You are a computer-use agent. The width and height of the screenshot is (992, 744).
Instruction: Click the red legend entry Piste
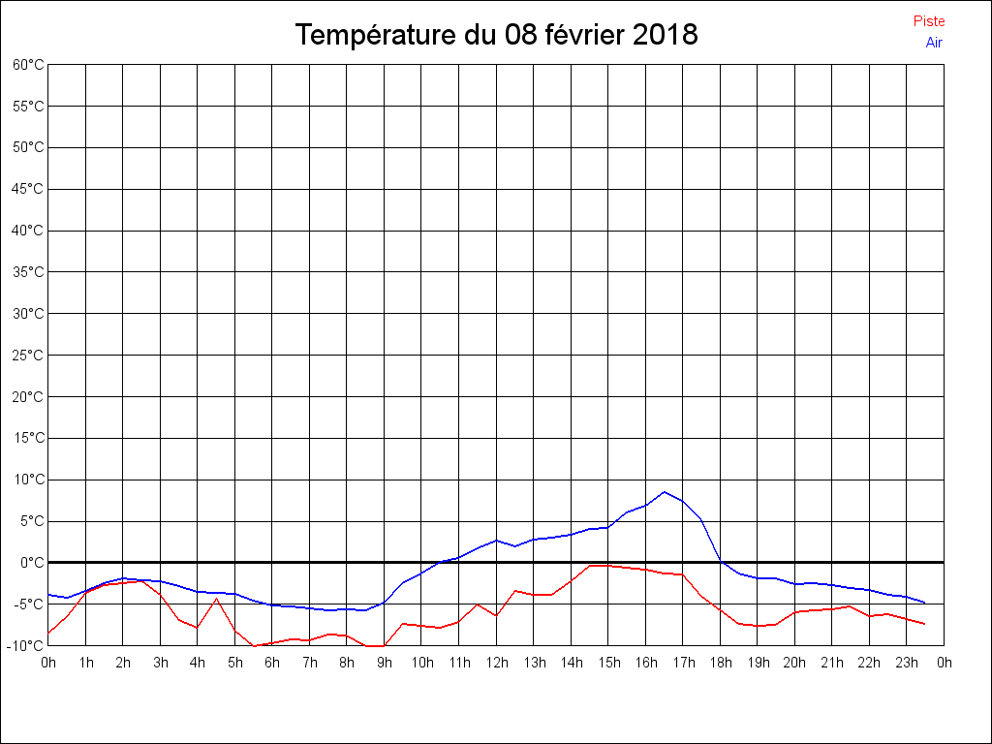pyautogui.click(x=928, y=21)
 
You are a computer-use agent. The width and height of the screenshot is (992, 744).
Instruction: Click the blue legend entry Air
pyautogui.click(x=934, y=42)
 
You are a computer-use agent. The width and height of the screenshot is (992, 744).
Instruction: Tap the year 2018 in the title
pyautogui.click(x=665, y=35)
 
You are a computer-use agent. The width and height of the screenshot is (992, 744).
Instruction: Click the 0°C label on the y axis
pyautogui.click(x=32, y=562)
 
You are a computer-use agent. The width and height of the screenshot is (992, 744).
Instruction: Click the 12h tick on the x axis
pyautogui.click(x=496, y=663)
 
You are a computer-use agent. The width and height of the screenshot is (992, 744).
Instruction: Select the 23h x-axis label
pyautogui.click(x=907, y=663)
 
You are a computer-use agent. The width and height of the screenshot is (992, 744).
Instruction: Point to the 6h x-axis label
pyautogui.click(x=272, y=663)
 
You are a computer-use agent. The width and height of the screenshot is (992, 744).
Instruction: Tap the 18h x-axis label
pyautogui.click(x=720, y=663)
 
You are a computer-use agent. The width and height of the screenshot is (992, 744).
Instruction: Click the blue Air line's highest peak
pyautogui.click(x=664, y=492)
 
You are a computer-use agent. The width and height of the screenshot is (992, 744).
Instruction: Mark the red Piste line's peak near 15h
pyautogui.click(x=591, y=566)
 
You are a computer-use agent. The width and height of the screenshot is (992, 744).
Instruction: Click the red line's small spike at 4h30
pyautogui.click(x=216, y=599)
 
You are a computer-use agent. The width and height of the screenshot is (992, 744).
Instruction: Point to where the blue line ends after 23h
pyautogui.click(x=925, y=603)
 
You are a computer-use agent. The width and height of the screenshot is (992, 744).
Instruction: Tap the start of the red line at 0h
pyautogui.click(x=48, y=633)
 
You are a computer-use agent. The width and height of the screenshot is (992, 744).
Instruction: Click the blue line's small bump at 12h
pyautogui.click(x=496, y=541)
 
